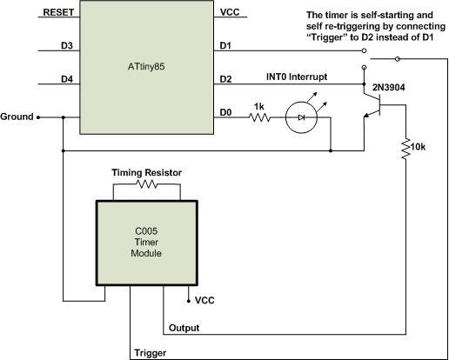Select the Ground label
(17, 116)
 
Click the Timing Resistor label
(146, 173)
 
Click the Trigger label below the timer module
(150, 354)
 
